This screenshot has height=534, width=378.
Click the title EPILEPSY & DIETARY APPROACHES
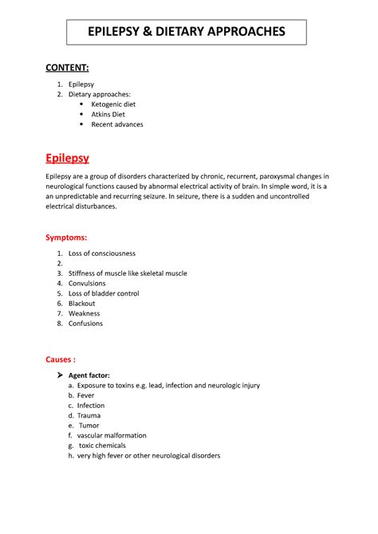(x=185, y=31)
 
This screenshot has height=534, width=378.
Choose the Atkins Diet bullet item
(x=109, y=115)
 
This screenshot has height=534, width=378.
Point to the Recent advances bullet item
(x=116, y=124)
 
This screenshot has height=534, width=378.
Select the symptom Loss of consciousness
(x=102, y=253)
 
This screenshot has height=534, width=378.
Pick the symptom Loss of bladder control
(x=104, y=293)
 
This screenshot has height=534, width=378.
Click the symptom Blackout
(x=82, y=304)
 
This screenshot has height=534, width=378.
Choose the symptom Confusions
(x=85, y=324)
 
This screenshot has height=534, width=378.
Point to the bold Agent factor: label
(x=89, y=375)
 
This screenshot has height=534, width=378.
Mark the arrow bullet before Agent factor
(x=60, y=375)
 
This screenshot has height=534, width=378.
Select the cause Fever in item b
(x=85, y=395)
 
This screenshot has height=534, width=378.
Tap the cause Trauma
(x=89, y=415)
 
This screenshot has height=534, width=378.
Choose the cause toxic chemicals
(x=102, y=446)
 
